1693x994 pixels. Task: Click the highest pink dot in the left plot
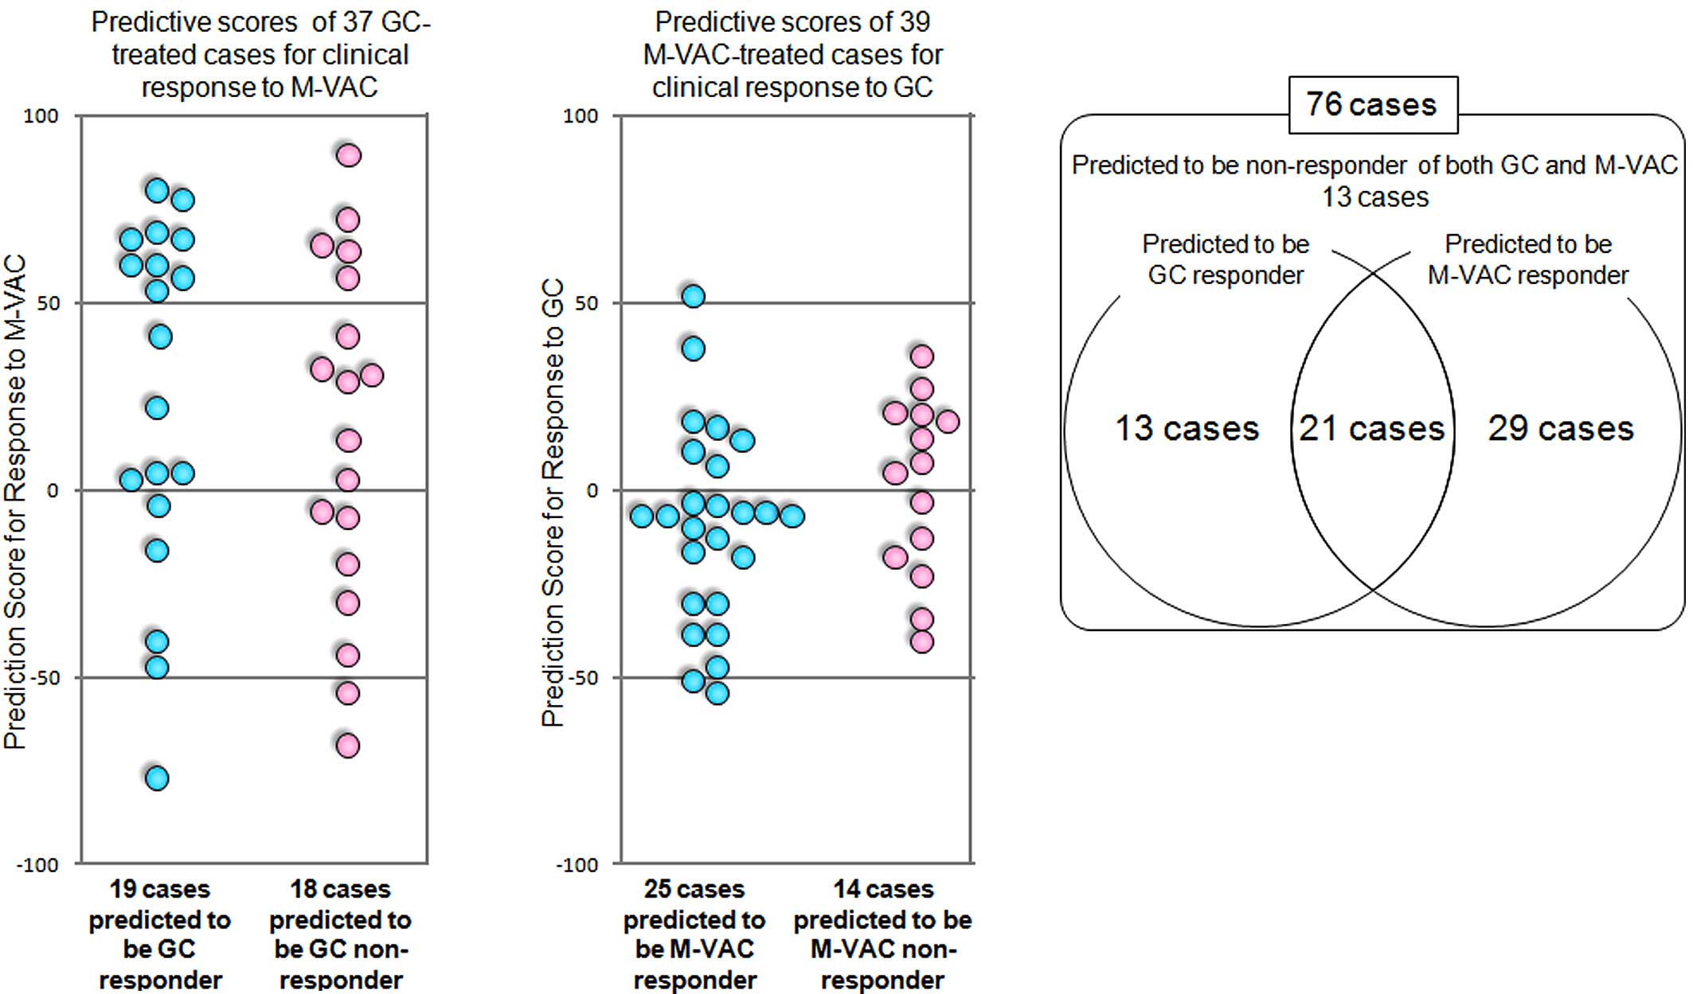[x=348, y=155]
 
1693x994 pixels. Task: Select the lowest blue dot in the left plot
[x=157, y=778]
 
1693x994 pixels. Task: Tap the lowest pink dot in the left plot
[x=348, y=746]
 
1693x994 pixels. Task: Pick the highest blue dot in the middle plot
[x=694, y=297]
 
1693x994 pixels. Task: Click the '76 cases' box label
[x=1371, y=104]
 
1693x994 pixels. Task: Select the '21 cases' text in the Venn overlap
[x=1371, y=428]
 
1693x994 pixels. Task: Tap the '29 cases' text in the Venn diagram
[x=1560, y=428]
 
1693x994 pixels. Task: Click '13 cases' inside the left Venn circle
[x=1187, y=428]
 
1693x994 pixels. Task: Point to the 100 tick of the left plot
[x=41, y=116]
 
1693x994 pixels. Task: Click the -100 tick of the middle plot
[x=576, y=865]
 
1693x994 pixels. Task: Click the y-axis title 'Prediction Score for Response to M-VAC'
[x=15, y=501]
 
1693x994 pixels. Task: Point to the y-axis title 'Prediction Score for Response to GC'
[x=553, y=501]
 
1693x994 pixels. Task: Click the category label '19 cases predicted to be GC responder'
[x=159, y=934]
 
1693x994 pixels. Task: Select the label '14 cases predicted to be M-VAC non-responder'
[x=882, y=934]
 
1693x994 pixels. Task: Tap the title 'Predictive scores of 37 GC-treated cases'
[x=260, y=54]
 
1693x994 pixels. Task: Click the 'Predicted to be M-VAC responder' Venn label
[x=1527, y=259]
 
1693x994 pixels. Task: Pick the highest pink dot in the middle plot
[x=921, y=357]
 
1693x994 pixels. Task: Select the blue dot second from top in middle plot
[x=694, y=349]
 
